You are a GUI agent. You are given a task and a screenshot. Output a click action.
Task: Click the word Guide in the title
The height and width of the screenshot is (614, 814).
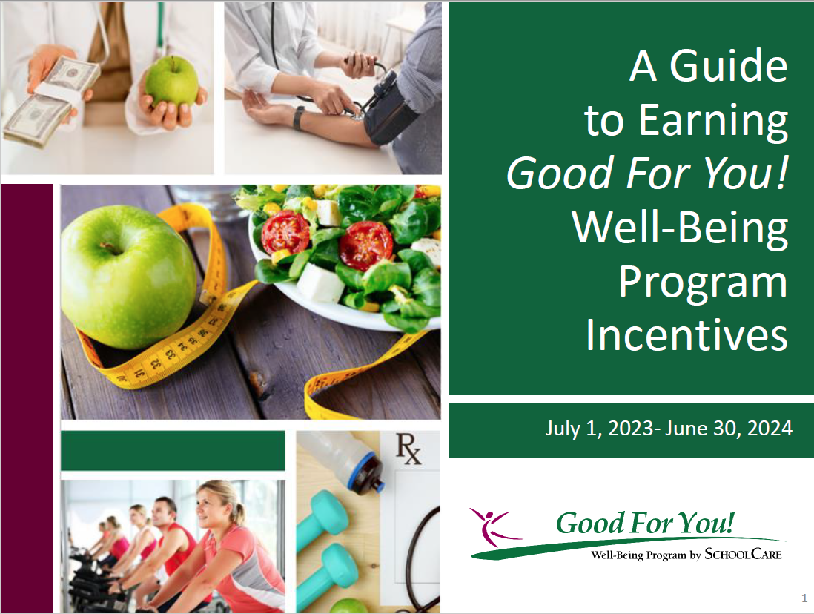(x=729, y=66)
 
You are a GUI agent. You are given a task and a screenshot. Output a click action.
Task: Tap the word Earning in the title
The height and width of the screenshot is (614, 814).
(x=713, y=122)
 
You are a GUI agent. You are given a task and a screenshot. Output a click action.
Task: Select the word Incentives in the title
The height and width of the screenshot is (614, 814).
(x=687, y=336)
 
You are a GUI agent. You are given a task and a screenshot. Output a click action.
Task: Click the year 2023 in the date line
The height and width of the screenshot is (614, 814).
(x=630, y=429)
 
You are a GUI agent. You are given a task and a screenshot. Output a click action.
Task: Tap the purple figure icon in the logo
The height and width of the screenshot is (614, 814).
(x=494, y=526)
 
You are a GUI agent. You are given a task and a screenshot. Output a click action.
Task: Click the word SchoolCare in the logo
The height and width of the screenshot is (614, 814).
(x=743, y=554)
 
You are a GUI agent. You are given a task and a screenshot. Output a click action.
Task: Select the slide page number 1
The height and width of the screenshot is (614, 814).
(x=804, y=598)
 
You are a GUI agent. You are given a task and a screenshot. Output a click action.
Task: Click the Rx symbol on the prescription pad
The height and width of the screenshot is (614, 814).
(x=408, y=449)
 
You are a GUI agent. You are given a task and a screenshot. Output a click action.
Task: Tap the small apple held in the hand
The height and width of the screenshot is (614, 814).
(x=172, y=82)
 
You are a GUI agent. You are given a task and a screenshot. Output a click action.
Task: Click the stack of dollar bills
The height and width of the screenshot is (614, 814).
(x=50, y=104)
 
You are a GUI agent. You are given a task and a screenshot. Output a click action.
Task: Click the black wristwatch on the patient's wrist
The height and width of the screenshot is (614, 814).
(x=298, y=118)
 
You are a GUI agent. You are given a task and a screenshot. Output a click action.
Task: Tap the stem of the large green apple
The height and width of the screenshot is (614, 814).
(x=110, y=248)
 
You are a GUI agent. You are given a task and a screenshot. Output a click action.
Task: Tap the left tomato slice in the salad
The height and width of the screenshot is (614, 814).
(x=285, y=231)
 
